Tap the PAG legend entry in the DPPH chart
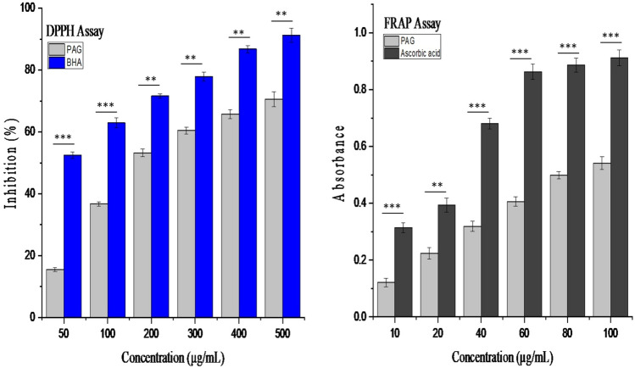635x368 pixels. (81, 46)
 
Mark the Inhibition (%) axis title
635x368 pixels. (10, 165)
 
